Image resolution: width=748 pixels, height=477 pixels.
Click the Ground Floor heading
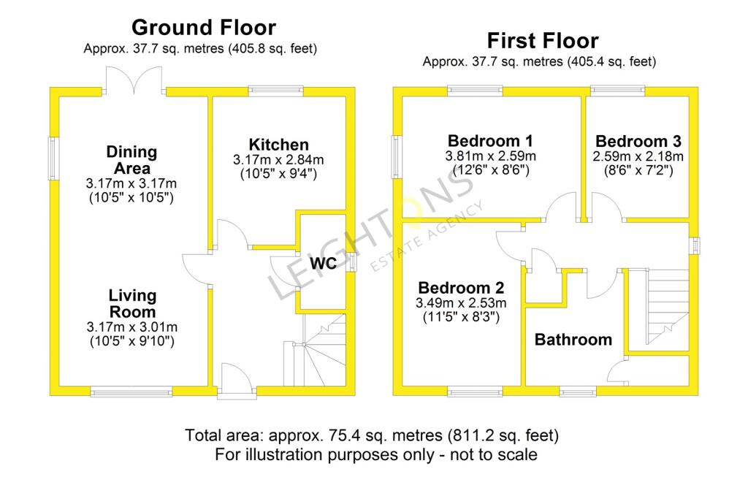[204, 28]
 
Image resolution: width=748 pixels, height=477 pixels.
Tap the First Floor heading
[543, 41]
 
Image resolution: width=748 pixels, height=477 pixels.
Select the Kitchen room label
[278, 145]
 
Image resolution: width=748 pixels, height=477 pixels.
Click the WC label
[323, 263]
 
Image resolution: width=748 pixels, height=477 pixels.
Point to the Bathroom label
[573, 339]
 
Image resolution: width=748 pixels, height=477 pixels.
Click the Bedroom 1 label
[490, 141]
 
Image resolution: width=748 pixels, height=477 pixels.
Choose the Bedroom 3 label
[638, 141]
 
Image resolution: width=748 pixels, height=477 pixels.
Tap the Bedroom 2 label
[461, 288]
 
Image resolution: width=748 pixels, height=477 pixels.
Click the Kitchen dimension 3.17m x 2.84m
[278, 159]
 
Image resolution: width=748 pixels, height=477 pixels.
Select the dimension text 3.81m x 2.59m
[490, 156]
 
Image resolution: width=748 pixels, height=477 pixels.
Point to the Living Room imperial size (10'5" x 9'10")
[132, 341]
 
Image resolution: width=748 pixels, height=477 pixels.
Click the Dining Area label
[131, 160]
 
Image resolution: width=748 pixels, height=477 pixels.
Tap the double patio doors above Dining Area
[135, 80]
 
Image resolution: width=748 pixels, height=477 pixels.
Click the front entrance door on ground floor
[237, 380]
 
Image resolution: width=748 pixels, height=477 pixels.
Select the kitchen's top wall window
[275, 91]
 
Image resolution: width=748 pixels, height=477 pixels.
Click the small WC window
[352, 262]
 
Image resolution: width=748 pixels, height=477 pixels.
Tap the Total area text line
[372, 435]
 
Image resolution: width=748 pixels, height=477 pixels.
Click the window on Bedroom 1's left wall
[397, 157]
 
